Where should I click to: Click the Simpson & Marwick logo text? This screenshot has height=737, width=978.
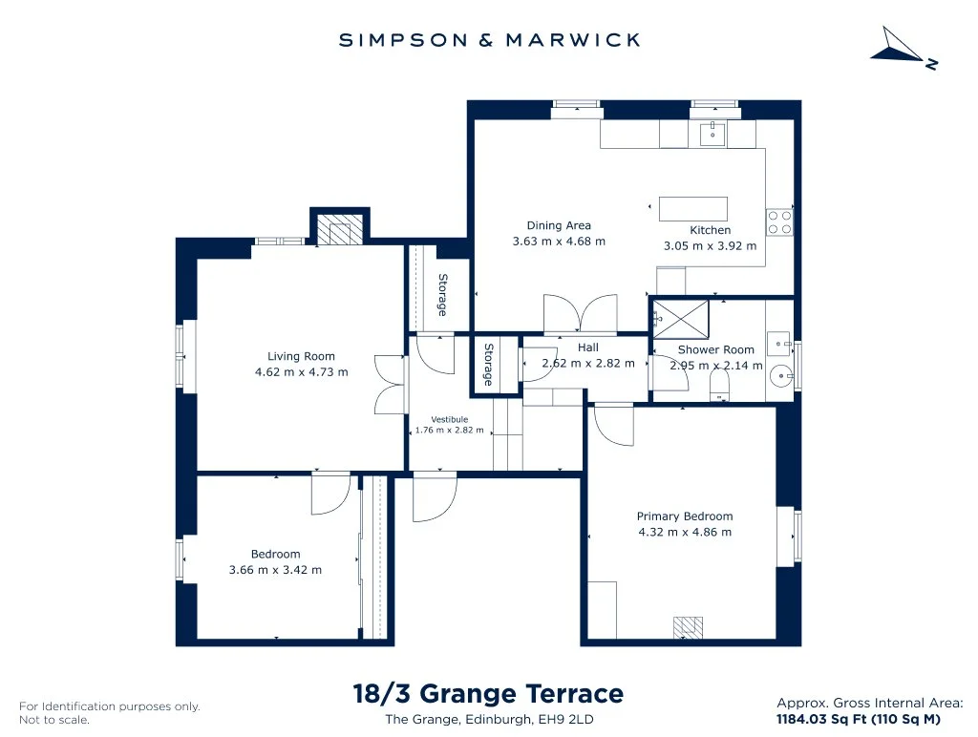(490, 40)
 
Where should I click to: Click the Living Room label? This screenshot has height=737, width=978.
(301, 356)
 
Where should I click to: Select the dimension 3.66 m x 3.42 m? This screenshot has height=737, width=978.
(276, 569)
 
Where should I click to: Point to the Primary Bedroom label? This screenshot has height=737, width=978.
(685, 516)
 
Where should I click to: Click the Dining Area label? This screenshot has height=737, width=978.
(559, 225)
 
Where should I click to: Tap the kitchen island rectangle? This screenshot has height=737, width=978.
(693, 208)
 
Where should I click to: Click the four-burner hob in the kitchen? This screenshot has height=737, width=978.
(779, 222)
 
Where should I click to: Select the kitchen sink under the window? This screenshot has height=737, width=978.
(712, 134)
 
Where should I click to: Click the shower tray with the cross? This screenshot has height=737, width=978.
(680, 319)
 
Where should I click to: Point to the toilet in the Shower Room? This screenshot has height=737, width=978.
(719, 387)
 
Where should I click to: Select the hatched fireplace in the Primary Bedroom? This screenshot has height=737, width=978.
(688, 627)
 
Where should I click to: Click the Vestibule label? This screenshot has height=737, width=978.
(449, 420)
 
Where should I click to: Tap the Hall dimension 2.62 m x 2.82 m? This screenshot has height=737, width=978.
(588, 363)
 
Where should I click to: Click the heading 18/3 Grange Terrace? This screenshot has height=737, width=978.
(488, 693)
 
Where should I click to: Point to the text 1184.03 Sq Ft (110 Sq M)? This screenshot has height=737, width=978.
(859, 719)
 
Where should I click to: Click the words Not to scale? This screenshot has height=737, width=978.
(54, 720)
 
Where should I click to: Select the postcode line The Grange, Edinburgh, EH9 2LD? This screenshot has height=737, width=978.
(490, 720)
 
